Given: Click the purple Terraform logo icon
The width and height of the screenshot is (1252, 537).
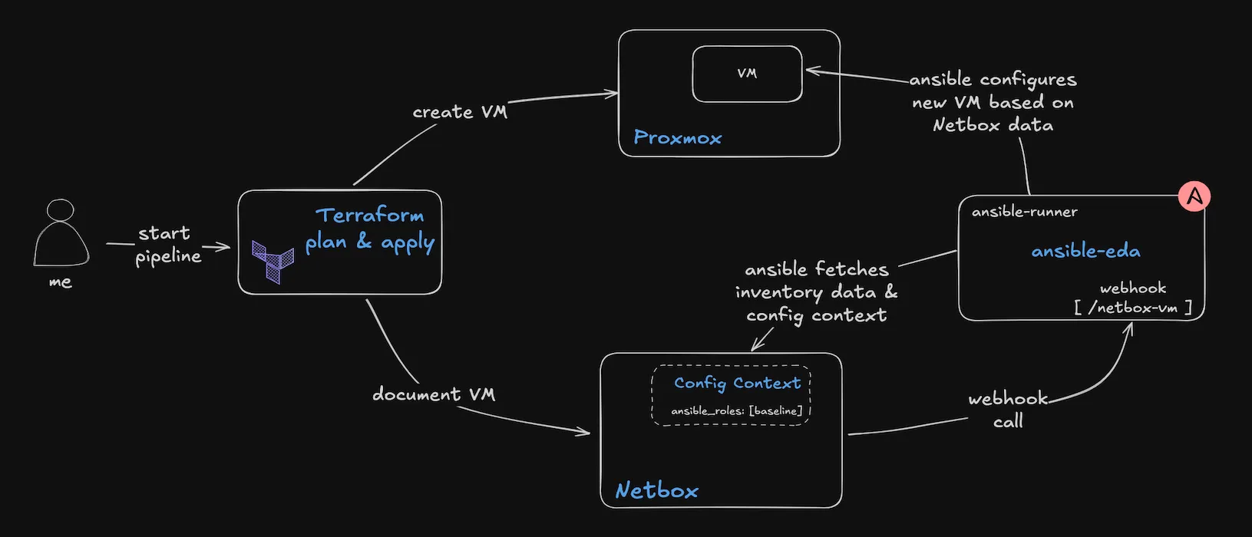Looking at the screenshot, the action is coord(273,262).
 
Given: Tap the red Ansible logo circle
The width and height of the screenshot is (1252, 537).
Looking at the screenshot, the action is coord(1194,196).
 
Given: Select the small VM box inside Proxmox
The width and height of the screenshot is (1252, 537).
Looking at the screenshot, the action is coord(748,74).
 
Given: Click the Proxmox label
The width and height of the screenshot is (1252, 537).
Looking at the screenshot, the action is coord(677,137).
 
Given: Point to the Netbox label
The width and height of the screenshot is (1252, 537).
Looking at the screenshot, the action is coord(657,490).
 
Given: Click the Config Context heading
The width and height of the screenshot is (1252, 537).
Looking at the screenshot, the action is coord(737,384).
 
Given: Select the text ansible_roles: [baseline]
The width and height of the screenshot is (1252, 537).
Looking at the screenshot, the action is coord(737,410).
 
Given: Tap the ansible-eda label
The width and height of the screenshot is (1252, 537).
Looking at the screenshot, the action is coord(1085,251).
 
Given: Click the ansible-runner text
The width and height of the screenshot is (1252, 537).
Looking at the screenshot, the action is coord(1025,212).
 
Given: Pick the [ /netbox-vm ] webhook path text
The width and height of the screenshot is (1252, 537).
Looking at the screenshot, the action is coord(1133,308).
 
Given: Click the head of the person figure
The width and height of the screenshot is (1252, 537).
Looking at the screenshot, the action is coord(61,210).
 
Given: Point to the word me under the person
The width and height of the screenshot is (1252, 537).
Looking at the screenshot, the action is coord(61,282).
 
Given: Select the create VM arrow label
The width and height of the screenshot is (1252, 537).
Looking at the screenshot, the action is coord(460,112).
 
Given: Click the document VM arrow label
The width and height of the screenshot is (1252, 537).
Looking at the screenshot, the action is coord(434,394).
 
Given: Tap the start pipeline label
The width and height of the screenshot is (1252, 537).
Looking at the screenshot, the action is coord(167,245).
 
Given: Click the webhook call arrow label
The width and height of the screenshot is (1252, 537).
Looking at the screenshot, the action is coord(1009,410).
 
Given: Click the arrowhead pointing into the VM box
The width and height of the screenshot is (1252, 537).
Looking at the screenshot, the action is coord(813,71).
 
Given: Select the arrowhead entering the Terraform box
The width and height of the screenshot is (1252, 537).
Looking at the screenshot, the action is coord(223,246).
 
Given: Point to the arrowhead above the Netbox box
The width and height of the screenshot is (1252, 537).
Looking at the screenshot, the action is coord(757,344).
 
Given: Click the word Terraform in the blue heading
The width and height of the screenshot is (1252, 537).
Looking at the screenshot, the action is coord(369,215).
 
